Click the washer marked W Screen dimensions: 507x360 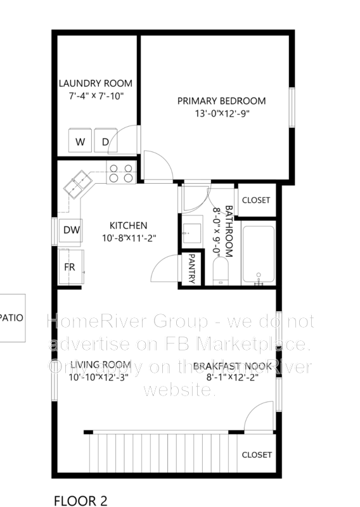(x=80, y=142)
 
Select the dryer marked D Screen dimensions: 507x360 (x=105, y=142)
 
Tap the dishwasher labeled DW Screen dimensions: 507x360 (x=71, y=230)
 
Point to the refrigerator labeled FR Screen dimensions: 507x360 (x=70, y=267)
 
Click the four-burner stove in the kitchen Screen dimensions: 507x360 (x=121, y=173)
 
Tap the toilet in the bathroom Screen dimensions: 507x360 (x=221, y=273)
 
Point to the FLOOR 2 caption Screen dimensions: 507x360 (x=80, y=501)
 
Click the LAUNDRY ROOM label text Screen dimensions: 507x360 (x=96, y=83)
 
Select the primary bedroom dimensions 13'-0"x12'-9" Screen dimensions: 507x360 (x=221, y=114)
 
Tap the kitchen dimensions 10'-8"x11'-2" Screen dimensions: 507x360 (x=129, y=238)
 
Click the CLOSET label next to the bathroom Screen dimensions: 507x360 (x=256, y=200)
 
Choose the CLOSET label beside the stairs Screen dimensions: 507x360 (x=257, y=455)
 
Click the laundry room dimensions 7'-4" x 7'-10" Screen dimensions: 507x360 (x=96, y=96)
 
